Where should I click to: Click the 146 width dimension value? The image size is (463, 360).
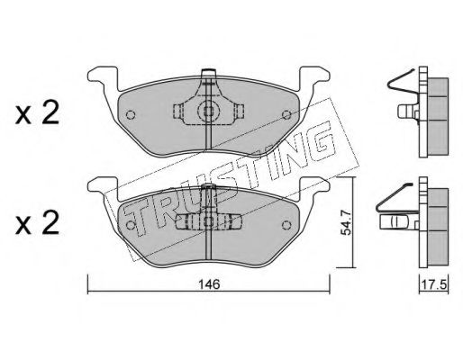210,283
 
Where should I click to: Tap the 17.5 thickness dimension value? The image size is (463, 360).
434,283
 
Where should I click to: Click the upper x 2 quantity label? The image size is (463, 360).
37,114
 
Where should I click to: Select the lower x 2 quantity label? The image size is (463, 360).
37,224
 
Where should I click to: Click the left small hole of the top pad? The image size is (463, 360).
131,114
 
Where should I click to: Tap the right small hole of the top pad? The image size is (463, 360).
287,114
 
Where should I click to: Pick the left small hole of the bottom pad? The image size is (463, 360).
131,225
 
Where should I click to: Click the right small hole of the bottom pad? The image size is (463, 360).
287,225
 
